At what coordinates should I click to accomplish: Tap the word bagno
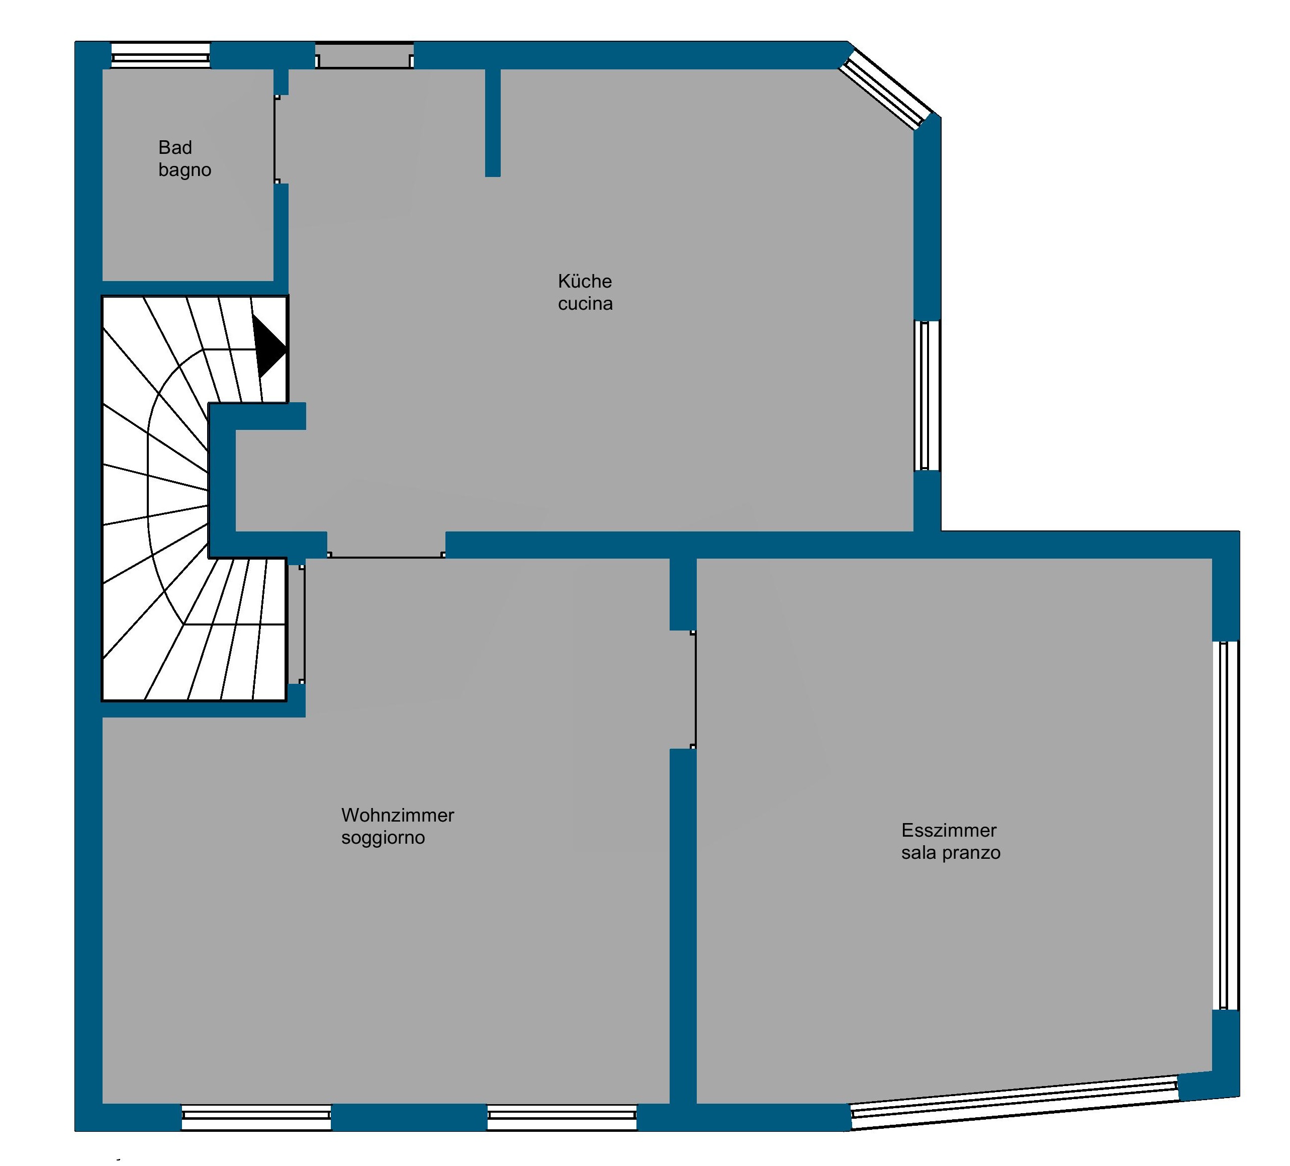coord(185,170)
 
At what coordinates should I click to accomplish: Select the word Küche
coord(584,281)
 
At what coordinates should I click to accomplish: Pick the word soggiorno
coord(383,838)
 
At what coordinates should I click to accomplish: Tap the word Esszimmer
coord(949,830)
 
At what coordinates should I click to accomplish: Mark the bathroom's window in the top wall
coord(160,56)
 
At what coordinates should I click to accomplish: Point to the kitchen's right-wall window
coord(927,396)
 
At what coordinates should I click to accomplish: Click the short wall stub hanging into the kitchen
coord(492,122)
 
